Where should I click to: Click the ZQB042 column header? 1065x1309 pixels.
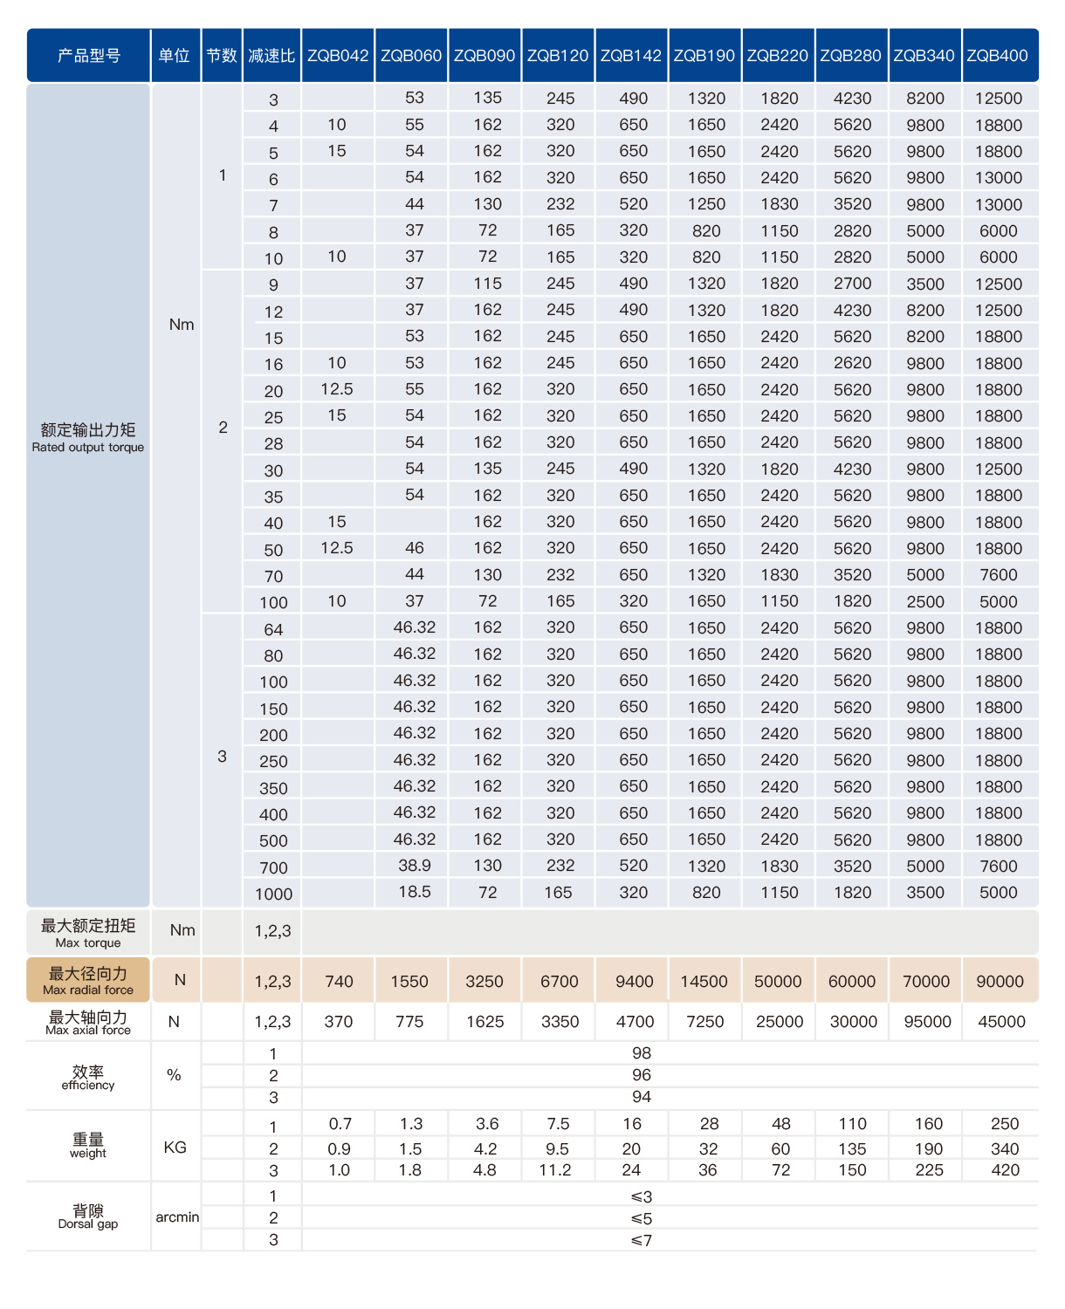point(338,56)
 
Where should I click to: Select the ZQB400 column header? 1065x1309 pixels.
point(998,56)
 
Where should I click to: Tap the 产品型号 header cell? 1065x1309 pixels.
point(89,56)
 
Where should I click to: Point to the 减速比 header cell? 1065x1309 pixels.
point(271,56)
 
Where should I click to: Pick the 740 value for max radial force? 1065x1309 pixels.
point(339,982)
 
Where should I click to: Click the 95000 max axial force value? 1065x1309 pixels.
point(927,1022)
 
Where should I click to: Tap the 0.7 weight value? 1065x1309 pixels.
point(340,1124)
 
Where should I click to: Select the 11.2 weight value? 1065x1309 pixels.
point(555,1170)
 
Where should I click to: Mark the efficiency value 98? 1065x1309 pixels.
point(642,1053)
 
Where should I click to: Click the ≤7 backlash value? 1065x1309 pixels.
point(642,1240)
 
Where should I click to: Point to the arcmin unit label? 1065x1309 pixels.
point(177,1217)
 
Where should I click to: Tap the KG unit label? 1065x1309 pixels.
point(175,1148)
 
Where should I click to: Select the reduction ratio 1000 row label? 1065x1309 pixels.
point(273,894)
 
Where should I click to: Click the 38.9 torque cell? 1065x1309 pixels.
point(415,866)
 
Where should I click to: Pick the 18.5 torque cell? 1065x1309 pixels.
point(415,892)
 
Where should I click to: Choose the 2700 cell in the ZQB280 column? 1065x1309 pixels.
point(852,284)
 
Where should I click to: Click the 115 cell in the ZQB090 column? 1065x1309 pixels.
point(487,284)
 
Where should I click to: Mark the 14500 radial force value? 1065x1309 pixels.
point(704,982)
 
